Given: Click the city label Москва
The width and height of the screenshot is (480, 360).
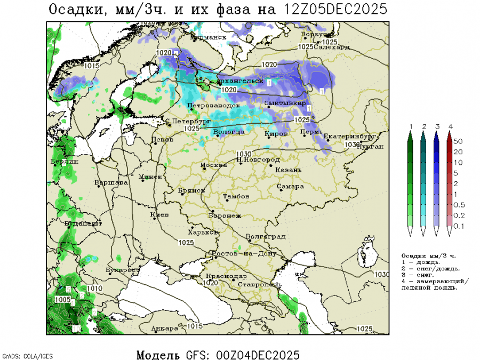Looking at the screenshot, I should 214,165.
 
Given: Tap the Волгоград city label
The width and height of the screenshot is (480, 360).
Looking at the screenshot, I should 266,237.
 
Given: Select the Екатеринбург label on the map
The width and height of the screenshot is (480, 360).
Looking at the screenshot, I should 347,137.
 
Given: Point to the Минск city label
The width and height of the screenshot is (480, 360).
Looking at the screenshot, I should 150,177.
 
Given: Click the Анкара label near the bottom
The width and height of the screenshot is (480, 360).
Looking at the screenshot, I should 165,328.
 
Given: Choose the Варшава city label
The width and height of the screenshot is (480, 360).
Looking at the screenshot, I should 111,183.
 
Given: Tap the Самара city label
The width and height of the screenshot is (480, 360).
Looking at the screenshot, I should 291,187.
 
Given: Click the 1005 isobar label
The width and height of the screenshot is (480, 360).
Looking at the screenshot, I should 62,300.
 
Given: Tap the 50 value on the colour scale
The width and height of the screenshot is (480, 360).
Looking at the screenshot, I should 458,141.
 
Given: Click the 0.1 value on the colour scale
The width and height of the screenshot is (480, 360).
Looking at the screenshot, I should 458,226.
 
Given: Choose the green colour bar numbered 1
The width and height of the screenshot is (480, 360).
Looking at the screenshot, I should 411,181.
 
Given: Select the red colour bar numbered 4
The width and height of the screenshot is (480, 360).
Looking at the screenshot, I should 450,181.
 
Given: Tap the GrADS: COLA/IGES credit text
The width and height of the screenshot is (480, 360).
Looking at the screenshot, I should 28,356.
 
